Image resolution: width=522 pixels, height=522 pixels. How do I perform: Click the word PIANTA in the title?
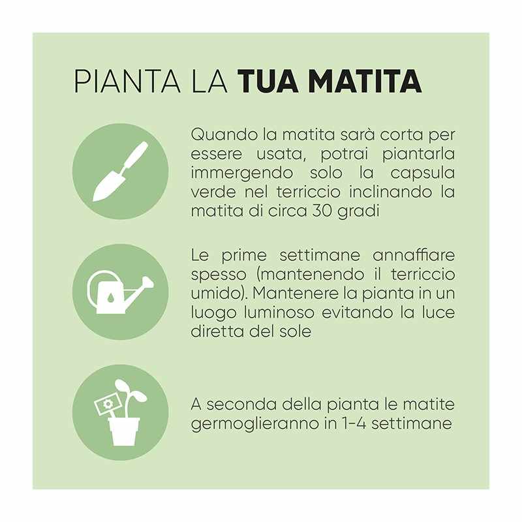(x=127, y=81)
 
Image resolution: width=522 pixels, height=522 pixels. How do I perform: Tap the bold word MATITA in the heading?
(x=365, y=81)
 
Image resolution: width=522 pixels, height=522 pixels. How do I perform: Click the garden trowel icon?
(x=121, y=171)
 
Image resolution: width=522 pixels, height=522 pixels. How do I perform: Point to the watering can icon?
(x=120, y=292)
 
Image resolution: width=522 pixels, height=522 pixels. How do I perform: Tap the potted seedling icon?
(x=121, y=412)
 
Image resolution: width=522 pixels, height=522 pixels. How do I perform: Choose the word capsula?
(x=422, y=174)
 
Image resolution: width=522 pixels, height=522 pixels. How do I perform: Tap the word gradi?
(x=358, y=211)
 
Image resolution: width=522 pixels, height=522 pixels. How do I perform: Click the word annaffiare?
(x=414, y=256)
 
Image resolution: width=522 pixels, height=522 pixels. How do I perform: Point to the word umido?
(x=215, y=294)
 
